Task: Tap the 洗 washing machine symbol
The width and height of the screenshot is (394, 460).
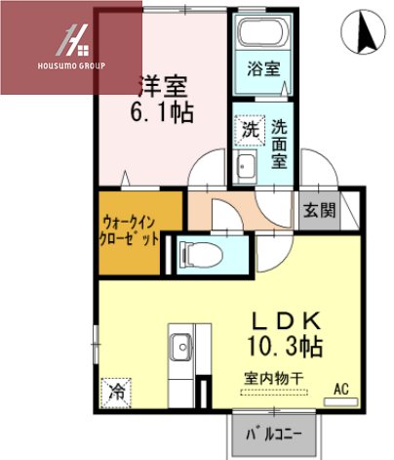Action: tap(248, 129)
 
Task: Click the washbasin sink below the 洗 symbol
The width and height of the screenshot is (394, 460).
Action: tap(245, 167)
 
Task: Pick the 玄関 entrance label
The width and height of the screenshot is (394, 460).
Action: tap(319, 209)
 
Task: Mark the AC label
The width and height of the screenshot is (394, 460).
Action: tap(341, 388)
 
